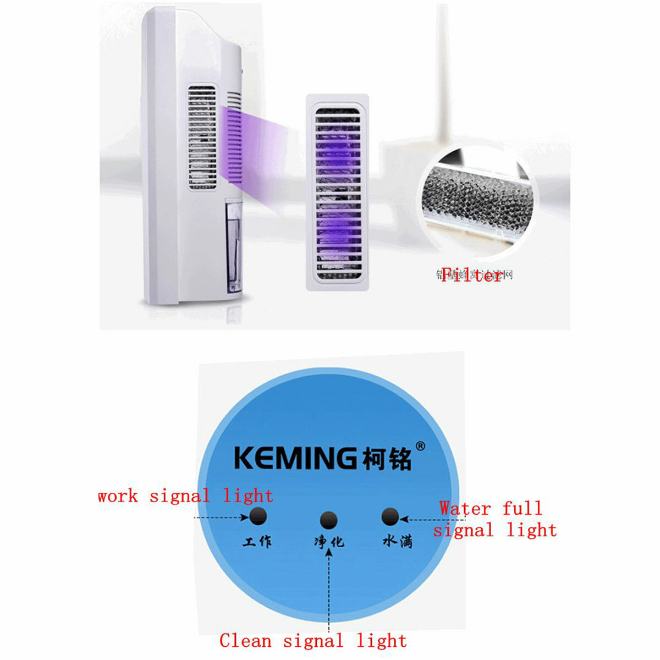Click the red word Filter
point(472,275)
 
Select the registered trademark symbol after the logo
point(420,446)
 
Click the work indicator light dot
point(258,516)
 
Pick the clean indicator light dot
point(328,520)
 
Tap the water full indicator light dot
point(390,517)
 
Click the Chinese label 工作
point(257,542)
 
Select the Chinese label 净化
point(329,542)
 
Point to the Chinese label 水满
point(397,542)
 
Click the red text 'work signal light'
point(185,496)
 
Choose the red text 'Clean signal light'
point(312,641)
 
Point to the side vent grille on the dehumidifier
point(202,137)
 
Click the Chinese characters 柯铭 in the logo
point(387,459)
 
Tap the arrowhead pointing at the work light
point(244,518)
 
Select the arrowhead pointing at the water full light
point(403,518)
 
